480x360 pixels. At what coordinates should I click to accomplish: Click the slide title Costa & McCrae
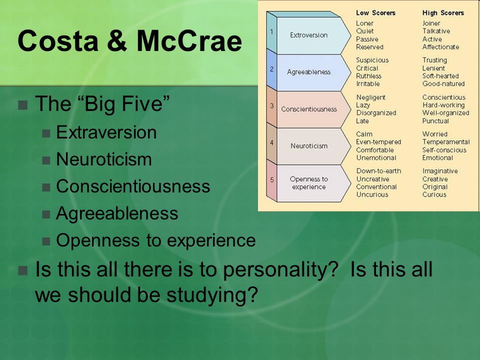click(x=130, y=40)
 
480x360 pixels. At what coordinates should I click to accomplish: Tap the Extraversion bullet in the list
click(x=106, y=132)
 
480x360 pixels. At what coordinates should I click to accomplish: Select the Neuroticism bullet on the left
click(x=104, y=159)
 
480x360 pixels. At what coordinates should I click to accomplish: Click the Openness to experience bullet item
click(x=156, y=240)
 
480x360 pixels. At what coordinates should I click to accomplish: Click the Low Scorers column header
click(x=375, y=13)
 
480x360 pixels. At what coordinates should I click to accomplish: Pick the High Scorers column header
click(x=443, y=13)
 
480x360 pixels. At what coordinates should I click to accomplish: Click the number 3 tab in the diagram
click(x=271, y=106)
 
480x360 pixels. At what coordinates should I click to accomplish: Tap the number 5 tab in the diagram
click(x=271, y=179)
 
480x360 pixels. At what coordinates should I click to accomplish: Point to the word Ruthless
click(x=368, y=76)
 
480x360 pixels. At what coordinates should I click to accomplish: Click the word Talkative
click(x=436, y=31)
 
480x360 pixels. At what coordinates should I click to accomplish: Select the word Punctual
click(x=435, y=121)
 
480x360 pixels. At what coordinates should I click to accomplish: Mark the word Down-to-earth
click(x=378, y=171)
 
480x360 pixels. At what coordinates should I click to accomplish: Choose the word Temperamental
click(x=445, y=142)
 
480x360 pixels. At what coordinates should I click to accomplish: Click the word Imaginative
click(x=440, y=171)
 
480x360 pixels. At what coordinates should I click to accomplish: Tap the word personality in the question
click(x=280, y=270)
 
